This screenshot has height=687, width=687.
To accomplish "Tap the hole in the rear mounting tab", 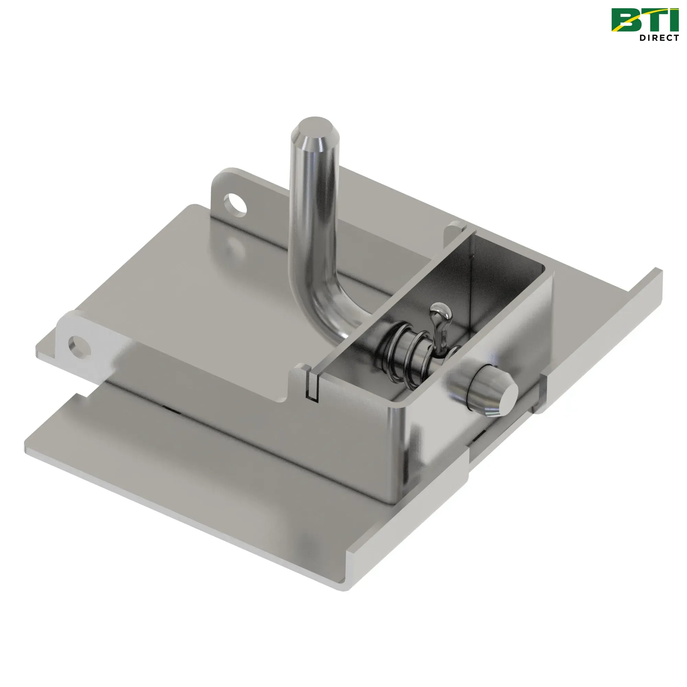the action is (x=235, y=204).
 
